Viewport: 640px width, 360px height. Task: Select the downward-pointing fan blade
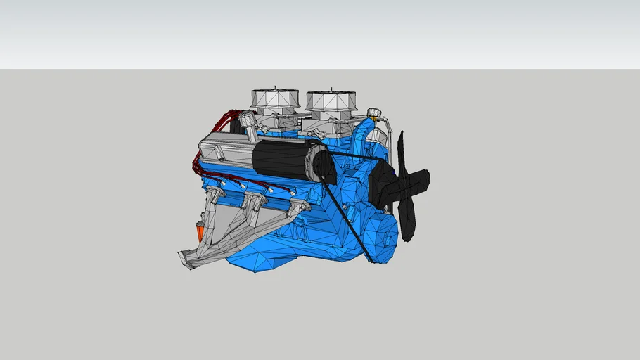[407, 218]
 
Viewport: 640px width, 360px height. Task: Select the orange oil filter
[200, 232]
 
